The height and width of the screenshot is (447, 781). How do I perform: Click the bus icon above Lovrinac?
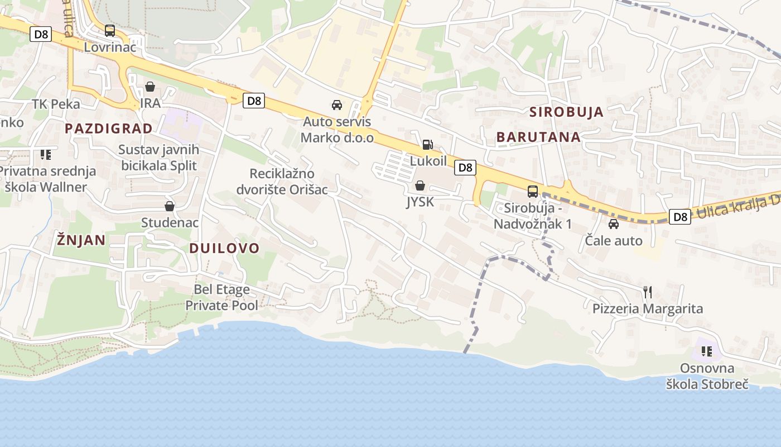point(110,31)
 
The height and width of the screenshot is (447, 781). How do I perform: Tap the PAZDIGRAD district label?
point(108,129)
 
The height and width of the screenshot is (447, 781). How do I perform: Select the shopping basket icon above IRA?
point(150,87)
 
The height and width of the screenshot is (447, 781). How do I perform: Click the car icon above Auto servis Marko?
point(337,105)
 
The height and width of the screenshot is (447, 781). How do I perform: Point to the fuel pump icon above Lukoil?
point(427,145)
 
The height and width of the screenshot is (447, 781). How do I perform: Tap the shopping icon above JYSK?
point(420,186)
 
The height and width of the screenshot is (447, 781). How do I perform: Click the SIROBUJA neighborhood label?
point(566,112)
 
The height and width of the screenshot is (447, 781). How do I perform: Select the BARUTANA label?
point(538,137)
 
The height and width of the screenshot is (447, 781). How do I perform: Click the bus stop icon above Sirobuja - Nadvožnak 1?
point(533,192)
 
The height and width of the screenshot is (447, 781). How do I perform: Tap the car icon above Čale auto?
point(614,225)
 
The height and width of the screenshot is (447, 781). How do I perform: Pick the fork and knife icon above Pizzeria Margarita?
point(648,292)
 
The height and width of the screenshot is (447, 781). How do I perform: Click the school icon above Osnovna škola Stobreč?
point(707,351)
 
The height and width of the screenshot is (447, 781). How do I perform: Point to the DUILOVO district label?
point(224,249)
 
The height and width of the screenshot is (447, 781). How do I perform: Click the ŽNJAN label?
point(81,240)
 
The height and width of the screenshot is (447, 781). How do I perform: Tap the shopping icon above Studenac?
point(170,206)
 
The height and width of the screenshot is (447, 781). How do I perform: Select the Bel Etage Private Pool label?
point(221,297)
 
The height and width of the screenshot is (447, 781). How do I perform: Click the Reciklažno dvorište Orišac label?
point(282,182)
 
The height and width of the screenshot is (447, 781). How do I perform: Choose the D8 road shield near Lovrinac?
point(41,35)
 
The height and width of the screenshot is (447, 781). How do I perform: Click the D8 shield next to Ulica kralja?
point(680,217)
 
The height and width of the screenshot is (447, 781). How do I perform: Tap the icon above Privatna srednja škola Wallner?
point(45,154)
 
